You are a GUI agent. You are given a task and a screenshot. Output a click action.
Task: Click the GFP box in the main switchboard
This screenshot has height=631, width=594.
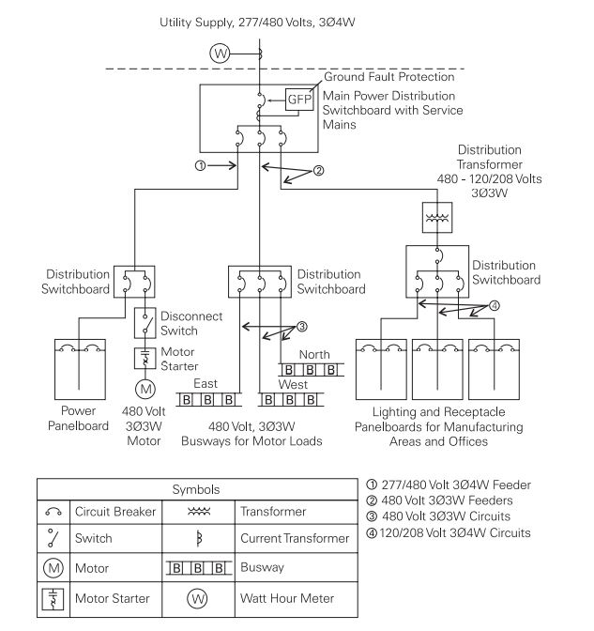(x=299, y=100)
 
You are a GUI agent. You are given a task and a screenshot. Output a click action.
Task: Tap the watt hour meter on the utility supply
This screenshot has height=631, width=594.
(x=220, y=54)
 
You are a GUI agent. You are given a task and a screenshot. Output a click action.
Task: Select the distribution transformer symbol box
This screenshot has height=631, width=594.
(x=437, y=218)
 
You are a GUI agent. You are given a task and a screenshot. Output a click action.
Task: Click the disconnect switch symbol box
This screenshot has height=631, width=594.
(x=145, y=323)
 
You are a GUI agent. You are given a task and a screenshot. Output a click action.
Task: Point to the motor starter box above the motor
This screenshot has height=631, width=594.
(x=145, y=359)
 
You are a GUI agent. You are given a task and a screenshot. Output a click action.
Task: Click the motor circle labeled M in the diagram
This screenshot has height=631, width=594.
(x=145, y=389)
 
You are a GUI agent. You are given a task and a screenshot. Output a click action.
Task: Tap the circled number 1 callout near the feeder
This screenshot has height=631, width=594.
(x=200, y=165)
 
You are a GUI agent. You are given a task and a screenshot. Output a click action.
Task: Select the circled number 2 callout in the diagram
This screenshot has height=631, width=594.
(x=318, y=171)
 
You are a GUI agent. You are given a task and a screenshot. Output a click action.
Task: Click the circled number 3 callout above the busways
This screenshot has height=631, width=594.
(x=301, y=327)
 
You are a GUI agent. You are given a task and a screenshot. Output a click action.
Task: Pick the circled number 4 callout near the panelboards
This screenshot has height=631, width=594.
(x=495, y=306)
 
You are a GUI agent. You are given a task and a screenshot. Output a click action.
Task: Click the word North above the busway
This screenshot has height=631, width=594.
(x=314, y=355)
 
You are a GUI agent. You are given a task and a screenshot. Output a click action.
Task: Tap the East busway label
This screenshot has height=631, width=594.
(x=206, y=383)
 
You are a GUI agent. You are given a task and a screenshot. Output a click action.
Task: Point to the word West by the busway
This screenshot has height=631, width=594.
(x=293, y=384)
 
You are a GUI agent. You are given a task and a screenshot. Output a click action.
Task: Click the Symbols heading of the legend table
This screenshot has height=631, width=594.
(x=196, y=489)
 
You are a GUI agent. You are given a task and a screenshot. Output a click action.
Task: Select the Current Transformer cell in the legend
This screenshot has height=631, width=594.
(x=295, y=538)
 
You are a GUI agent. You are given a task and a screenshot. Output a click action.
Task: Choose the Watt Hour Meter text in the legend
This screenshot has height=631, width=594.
(x=287, y=598)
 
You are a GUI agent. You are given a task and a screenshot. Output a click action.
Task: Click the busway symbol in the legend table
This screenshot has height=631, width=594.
(x=199, y=568)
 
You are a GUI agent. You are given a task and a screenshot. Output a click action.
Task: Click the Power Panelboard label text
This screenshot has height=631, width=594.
(x=78, y=418)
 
